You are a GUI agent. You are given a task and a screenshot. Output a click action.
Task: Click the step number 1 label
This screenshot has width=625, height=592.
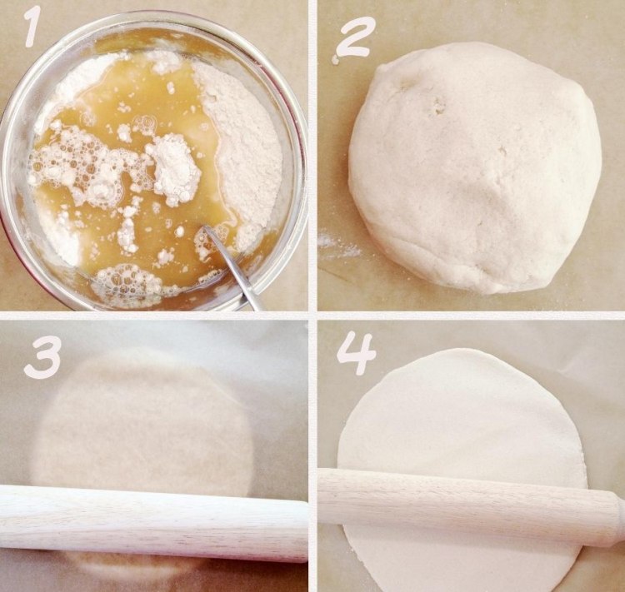tap(32, 27)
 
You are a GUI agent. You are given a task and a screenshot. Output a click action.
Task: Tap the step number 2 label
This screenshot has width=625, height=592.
tap(356, 37)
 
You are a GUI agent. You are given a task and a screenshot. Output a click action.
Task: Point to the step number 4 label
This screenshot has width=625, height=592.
tap(356, 354)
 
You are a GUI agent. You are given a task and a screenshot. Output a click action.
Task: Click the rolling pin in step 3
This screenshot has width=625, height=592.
tap(150, 520)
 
